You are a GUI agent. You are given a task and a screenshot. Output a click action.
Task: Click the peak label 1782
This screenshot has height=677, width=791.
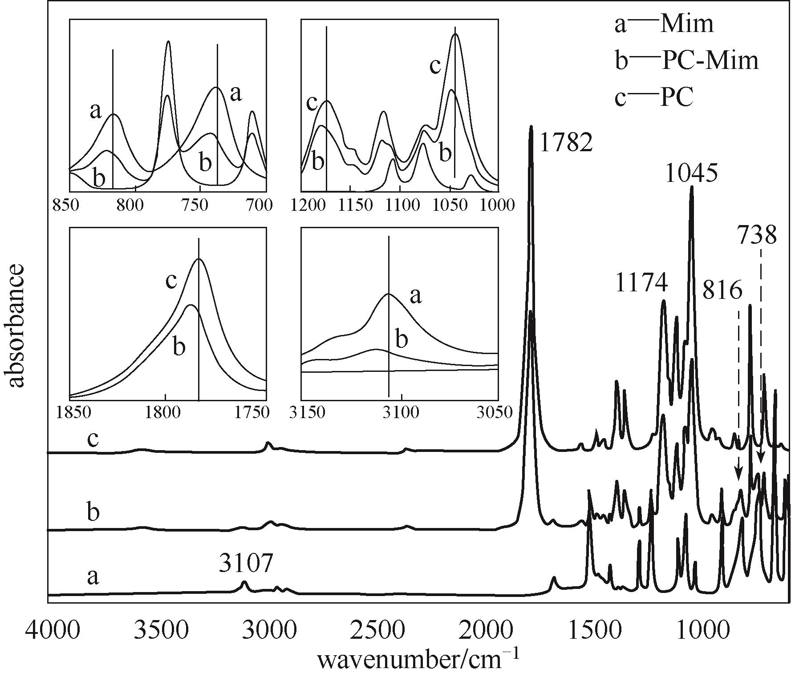tap(566, 142)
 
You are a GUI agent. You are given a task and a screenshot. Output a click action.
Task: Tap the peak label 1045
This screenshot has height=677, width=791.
tap(691, 173)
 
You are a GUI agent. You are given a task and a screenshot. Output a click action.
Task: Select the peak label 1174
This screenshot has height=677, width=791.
tap(642, 282)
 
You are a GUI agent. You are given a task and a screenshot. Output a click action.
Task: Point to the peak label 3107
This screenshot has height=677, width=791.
tap(246, 564)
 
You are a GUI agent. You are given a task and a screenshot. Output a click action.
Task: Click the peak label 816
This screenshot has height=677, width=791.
tap(722, 291)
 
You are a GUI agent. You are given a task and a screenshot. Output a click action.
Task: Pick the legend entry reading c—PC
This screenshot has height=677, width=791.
tap(654, 97)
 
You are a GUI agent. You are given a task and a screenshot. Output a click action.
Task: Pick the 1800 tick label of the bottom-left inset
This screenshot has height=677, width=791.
tap(166, 413)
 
